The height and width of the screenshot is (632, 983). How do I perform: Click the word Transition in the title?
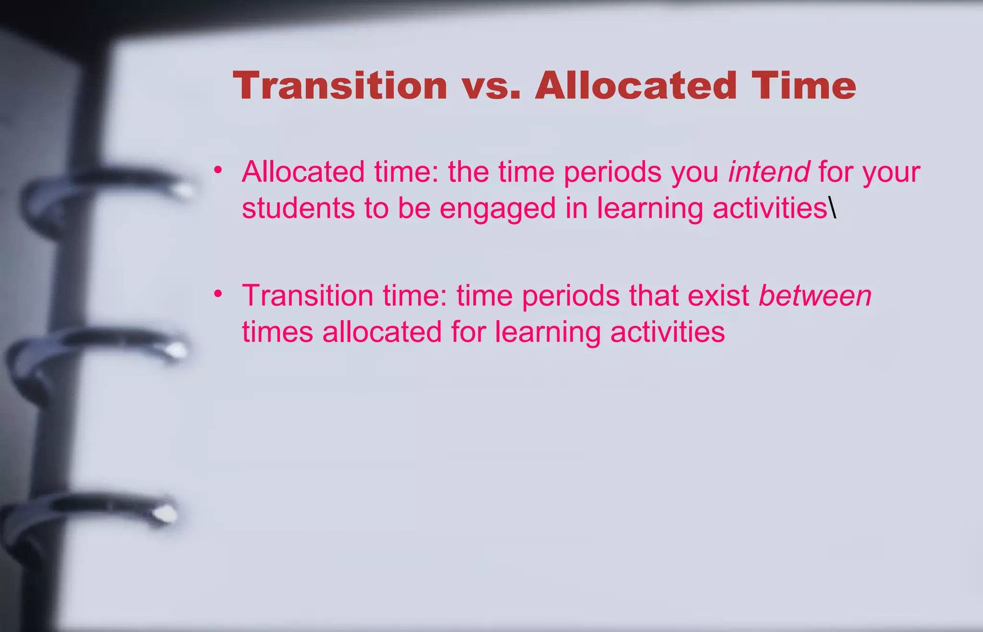pyautogui.click(x=340, y=86)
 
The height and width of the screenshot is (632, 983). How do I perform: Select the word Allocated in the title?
pyautogui.click(x=635, y=86)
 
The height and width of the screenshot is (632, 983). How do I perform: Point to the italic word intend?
pyautogui.click(x=768, y=172)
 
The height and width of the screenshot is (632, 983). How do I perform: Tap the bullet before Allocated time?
pyautogui.click(x=218, y=170)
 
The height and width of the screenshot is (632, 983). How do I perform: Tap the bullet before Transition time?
pyautogui.click(x=218, y=293)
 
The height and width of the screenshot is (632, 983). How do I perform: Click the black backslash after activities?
pyautogui.click(x=832, y=208)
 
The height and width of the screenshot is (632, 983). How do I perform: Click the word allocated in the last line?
pyautogui.click(x=382, y=332)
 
